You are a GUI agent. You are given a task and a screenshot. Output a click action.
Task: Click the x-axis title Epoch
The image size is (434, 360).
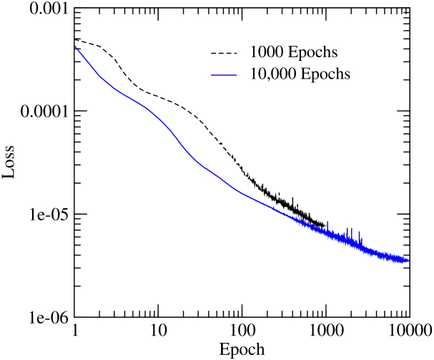(242, 350)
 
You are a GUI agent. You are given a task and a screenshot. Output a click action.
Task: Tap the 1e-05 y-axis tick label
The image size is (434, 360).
(49, 215)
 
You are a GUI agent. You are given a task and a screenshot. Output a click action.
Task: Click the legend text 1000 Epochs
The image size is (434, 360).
(294, 53)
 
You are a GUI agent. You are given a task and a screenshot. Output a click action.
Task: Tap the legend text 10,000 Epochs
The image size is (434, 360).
(300, 74)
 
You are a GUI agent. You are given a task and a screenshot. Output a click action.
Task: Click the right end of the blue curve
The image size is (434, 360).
(408, 261)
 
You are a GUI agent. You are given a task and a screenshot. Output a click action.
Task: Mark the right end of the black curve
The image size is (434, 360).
(325, 225)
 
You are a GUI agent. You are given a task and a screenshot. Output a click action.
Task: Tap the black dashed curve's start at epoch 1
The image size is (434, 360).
(75, 40)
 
